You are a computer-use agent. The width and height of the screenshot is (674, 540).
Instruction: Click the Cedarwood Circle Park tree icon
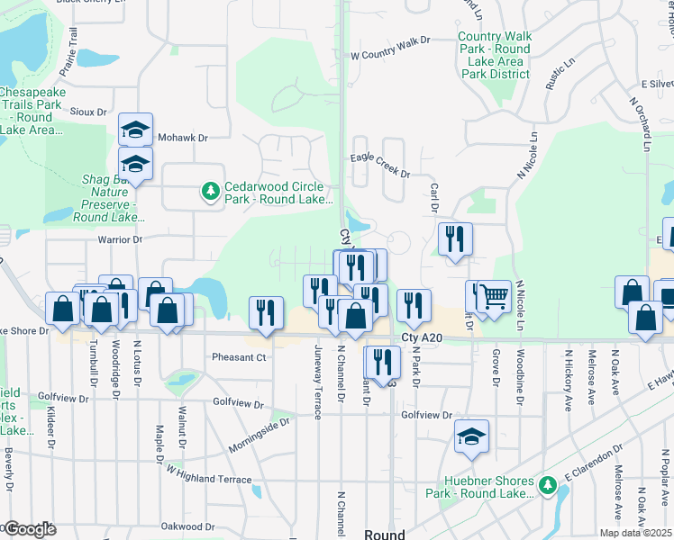coord(211,192)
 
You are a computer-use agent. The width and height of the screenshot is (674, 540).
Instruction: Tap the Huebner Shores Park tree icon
coord(547,486)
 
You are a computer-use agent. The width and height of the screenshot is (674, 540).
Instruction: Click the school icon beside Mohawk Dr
coord(135,130)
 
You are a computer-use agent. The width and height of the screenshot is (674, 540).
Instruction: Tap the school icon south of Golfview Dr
coord(471,436)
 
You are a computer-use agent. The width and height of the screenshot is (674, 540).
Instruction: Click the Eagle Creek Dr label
coord(379,174)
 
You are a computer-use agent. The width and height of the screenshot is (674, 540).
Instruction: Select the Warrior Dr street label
coord(114,239)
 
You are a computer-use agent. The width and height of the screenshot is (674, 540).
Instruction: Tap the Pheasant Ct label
coord(239,357)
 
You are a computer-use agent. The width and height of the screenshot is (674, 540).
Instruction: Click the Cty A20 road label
coord(423,337)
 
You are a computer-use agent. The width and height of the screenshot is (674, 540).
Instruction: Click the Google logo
coord(30,529)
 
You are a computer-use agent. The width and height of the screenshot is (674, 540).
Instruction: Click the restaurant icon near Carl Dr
coord(455,239)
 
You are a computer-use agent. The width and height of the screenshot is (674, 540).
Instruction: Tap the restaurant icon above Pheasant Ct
coord(267,312)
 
